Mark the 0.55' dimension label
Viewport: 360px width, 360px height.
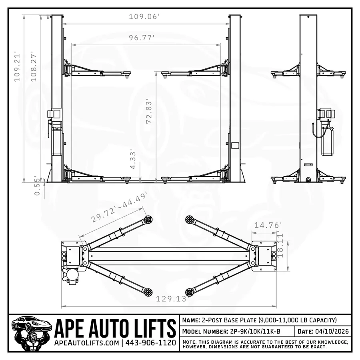click(x=37, y=186)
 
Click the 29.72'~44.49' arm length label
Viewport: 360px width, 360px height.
click(x=119, y=207)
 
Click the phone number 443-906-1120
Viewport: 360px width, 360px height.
click(x=151, y=343)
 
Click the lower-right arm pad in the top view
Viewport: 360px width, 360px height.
click(x=190, y=292)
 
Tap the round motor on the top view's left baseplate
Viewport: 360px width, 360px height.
click(x=72, y=275)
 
